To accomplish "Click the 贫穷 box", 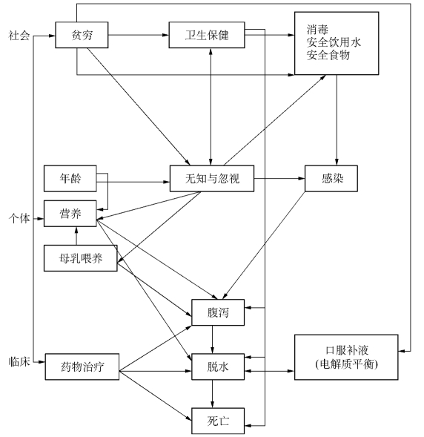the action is pos(82,35).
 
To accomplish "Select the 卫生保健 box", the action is pos(207,35).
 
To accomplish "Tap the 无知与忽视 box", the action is pos(212,178).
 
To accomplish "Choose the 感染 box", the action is pos(331,178).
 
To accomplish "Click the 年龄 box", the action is pos(70,178).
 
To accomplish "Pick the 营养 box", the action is pos(70,214).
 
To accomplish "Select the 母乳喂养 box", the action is pos(81,258).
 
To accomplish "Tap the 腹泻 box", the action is pos(218,312).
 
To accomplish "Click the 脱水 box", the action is pos(218,367).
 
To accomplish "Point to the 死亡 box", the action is pos(218,421).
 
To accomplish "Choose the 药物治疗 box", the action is pos(82,367).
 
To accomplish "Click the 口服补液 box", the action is pos(346,358).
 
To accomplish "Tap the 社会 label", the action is pos(19,36).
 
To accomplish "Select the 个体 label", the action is pos(19,218).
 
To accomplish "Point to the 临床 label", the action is pos(19,362).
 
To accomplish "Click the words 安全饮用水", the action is pos(334,42).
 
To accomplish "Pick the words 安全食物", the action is pos(328,55).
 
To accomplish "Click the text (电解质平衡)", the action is pos(347,364).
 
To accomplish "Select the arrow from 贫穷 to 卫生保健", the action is pos(139,35).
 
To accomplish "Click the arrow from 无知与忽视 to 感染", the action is pos(279,178).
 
